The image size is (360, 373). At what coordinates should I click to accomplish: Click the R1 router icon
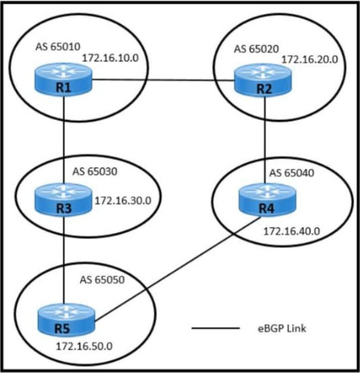63,79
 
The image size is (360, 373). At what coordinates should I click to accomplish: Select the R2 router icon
263,80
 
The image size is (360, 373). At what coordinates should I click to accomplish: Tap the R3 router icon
63,200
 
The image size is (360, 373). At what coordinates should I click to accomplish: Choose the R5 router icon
67,320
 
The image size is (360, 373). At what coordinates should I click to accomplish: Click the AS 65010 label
58,47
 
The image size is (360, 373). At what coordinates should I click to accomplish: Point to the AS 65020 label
256,49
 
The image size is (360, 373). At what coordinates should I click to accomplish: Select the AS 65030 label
95,172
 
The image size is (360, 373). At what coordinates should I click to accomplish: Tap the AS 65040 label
292,173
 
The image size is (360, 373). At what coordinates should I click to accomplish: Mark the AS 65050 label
102,280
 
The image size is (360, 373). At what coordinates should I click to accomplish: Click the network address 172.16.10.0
110,58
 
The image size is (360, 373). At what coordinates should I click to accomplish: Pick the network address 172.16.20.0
310,59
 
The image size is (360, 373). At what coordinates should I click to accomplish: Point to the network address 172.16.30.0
123,201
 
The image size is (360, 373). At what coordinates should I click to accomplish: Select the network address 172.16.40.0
292,231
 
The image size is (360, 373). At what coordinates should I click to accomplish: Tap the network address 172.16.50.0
84,346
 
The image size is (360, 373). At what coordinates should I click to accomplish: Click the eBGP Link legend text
282,329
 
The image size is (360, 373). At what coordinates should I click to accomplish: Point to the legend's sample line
216,328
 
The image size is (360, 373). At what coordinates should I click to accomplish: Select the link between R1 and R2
163,80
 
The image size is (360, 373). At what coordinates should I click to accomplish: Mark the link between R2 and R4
265,140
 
